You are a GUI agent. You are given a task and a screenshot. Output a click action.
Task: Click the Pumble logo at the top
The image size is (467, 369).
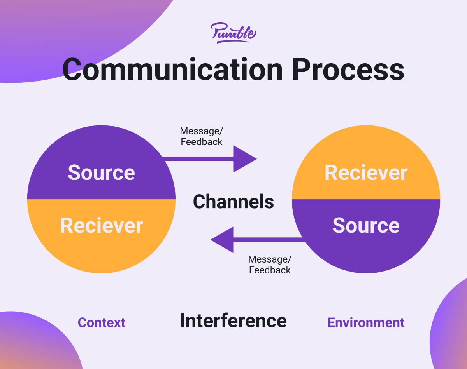click(x=233, y=33)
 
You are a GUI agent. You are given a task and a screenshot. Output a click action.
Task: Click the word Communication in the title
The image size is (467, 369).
click(x=172, y=70)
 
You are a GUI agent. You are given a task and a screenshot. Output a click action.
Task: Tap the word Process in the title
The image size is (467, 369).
click(x=348, y=70)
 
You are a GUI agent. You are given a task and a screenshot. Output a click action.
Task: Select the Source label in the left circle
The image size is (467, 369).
click(x=101, y=172)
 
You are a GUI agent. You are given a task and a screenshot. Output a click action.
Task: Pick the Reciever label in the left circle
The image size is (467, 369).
click(x=102, y=226)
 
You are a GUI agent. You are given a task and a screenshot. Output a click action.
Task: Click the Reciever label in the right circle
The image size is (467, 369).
click(x=366, y=172)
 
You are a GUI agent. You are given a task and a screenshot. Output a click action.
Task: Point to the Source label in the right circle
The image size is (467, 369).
click(x=366, y=226)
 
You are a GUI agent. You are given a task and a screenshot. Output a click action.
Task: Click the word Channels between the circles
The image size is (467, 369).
click(x=233, y=202)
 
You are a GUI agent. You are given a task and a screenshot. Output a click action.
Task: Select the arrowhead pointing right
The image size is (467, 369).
click(x=245, y=159)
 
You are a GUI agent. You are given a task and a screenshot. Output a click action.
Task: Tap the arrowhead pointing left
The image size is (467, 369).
click(x=222, y=240)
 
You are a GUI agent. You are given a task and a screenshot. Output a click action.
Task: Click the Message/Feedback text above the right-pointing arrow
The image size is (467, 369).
click(x=201, y=136)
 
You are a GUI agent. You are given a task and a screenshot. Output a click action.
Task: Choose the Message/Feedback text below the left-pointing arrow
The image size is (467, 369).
click(x=270, y=265)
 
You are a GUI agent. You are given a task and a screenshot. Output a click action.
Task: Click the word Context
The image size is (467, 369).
click(x=101, y=323)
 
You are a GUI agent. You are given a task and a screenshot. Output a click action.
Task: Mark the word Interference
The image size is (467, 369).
click(x=233, y=321)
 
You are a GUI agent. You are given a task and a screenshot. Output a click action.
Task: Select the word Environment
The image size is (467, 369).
click(x=366, y=323)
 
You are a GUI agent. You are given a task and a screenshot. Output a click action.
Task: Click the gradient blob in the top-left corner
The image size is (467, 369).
click(x=65, y=33)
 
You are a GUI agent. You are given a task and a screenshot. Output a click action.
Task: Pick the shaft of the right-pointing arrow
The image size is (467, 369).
click(x=198, y=159)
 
